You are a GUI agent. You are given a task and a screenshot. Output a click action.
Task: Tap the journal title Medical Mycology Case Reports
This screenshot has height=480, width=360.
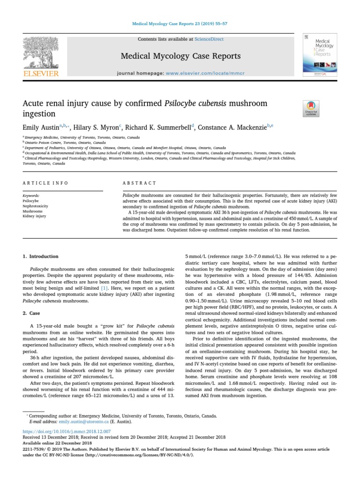click(180, 56)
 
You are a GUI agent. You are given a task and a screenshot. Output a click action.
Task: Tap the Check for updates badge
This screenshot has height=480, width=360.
click(311, 108)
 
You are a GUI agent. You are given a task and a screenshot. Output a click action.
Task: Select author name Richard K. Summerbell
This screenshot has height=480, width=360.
click(158, 127)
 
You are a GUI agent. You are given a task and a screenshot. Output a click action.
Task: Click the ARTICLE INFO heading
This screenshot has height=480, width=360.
click(45, 183)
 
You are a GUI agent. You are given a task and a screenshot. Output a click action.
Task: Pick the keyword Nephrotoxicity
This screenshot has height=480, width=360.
click(35, 206)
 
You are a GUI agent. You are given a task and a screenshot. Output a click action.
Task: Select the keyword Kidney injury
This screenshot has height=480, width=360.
click(34, 216)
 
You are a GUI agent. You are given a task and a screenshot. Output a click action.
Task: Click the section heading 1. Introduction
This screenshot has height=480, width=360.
click(41, 256)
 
